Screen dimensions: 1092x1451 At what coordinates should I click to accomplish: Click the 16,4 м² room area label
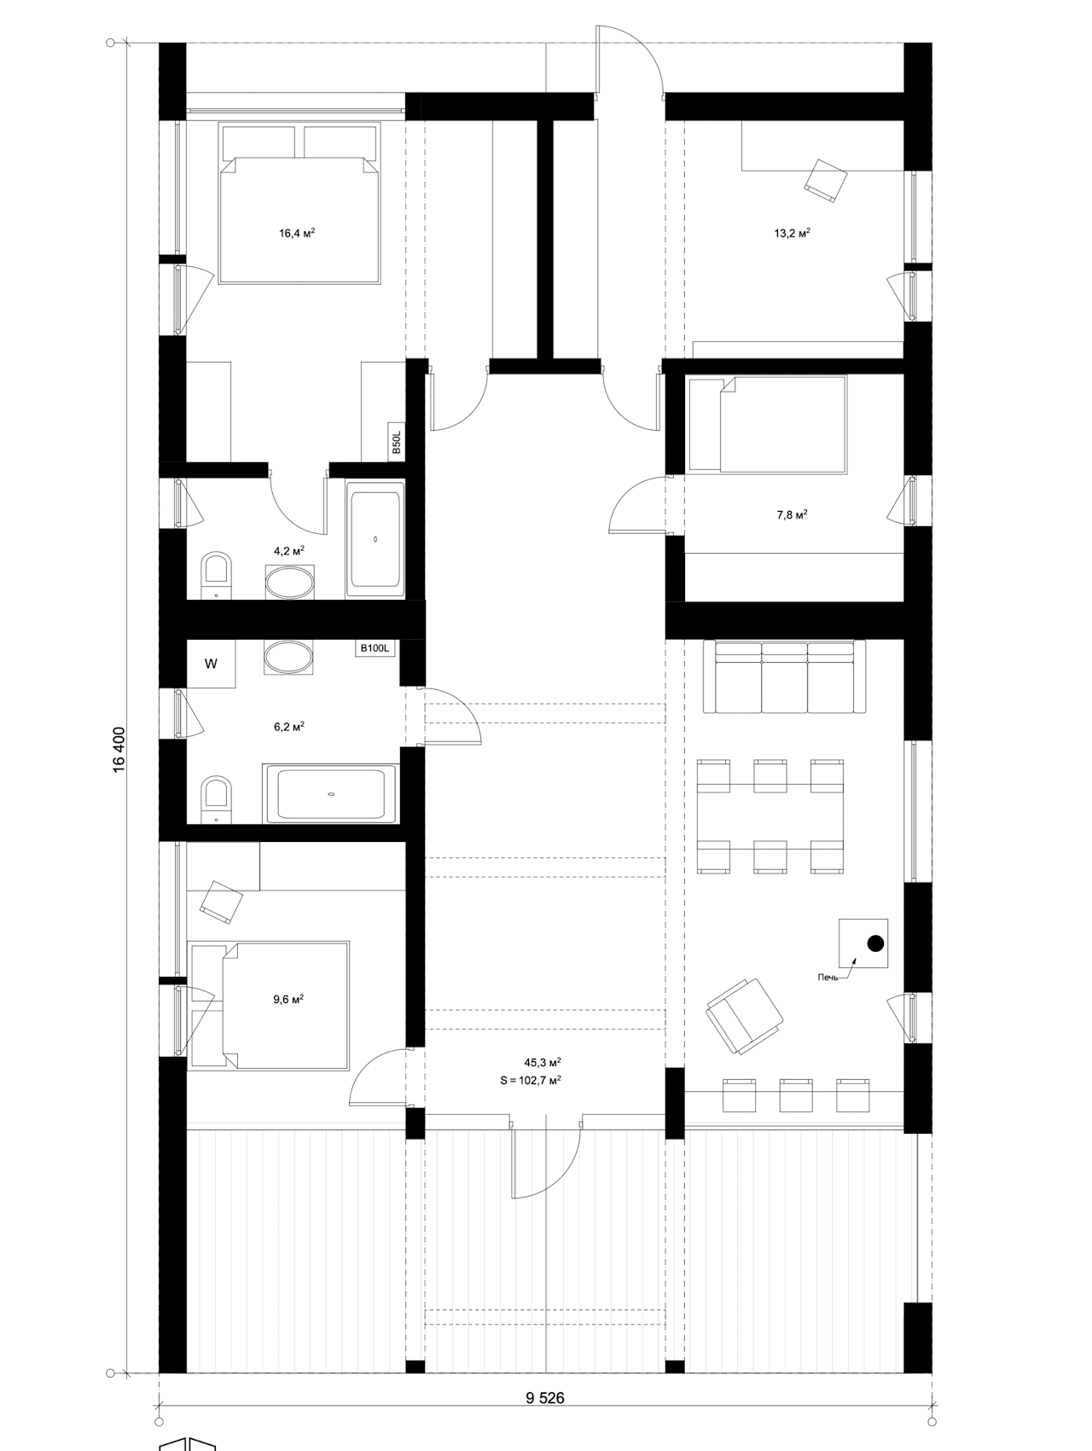[x=297, y=232]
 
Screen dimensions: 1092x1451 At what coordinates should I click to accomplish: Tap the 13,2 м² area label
[x=792, y=232]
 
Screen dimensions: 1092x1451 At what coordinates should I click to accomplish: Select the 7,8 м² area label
[x=792, y=514]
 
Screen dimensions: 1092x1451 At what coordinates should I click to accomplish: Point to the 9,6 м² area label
[x=288, y=999]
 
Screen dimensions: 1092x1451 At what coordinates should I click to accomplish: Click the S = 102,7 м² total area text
[x=530, y=1080]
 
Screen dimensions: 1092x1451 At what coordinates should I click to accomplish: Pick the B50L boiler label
[x=396, y=442]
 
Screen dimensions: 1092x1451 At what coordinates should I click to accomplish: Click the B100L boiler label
[x=374, y=648]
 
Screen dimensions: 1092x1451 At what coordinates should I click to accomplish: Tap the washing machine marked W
[x=211, y=663]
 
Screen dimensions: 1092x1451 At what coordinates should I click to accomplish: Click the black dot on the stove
[x=874, y=943]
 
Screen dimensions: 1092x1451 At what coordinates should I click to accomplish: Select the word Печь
[x=828, y=977]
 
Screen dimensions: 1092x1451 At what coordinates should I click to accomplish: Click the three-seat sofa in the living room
[x=784, y=677]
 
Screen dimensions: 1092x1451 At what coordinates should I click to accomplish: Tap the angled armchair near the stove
[x=744, y=1015]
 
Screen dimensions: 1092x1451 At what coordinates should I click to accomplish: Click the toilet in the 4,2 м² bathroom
[x=216, y=577]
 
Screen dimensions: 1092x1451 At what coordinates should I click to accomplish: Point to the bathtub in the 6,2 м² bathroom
[x=330, y=794]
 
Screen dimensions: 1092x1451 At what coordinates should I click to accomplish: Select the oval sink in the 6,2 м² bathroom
[x=288, y=659]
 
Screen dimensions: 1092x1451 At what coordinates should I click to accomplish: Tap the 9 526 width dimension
[x=545, y=1397]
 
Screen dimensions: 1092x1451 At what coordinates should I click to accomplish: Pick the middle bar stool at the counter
[x=796, y=1095]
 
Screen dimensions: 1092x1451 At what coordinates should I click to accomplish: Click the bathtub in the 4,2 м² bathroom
[x=375, y=538]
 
